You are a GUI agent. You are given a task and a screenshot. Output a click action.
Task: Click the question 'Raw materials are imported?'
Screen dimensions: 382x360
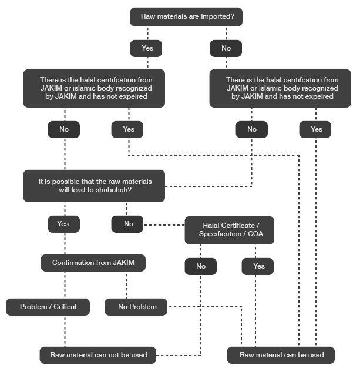[187, 16]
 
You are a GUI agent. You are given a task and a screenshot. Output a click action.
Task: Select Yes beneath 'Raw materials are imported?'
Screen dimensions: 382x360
[147, 48]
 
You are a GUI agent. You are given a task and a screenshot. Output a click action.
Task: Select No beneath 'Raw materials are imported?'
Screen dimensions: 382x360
[226, 48]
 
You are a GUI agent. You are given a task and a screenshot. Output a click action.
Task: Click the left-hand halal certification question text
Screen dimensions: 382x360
[96, 88]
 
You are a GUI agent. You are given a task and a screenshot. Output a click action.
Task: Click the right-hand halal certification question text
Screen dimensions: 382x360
[282, 88]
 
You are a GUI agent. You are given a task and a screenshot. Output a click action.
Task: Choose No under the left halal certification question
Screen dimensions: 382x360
[64, 129]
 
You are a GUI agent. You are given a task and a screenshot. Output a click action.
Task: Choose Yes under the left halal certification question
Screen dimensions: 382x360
[129, 129]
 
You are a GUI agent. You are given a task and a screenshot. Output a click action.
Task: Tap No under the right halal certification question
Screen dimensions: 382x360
[252, 129]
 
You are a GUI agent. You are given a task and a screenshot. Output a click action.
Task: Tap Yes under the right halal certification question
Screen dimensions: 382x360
[317, 129]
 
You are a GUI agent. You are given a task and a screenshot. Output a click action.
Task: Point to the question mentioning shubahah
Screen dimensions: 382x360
[95, 186]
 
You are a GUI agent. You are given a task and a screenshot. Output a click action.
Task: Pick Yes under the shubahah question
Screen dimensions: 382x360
[63, 224]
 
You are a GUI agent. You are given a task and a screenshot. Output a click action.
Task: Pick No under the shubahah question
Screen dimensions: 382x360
[129, 224]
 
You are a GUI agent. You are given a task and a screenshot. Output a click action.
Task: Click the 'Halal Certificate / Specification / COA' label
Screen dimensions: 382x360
[231, 230]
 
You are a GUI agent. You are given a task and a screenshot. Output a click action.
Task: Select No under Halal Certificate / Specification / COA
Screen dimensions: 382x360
[201, 266]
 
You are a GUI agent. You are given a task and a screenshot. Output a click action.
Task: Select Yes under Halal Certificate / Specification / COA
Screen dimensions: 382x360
[259, 266]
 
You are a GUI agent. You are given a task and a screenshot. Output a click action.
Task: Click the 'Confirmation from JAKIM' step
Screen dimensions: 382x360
[93, 263]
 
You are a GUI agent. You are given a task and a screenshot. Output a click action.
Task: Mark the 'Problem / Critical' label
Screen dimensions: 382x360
[48, 307]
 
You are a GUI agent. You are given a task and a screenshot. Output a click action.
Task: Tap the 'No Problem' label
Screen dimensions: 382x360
[137, 307]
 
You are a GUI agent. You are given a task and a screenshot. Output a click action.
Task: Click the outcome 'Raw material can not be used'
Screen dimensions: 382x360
[99, 355]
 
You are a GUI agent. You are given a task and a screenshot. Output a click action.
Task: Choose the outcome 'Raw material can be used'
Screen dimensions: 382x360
[282, 355]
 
